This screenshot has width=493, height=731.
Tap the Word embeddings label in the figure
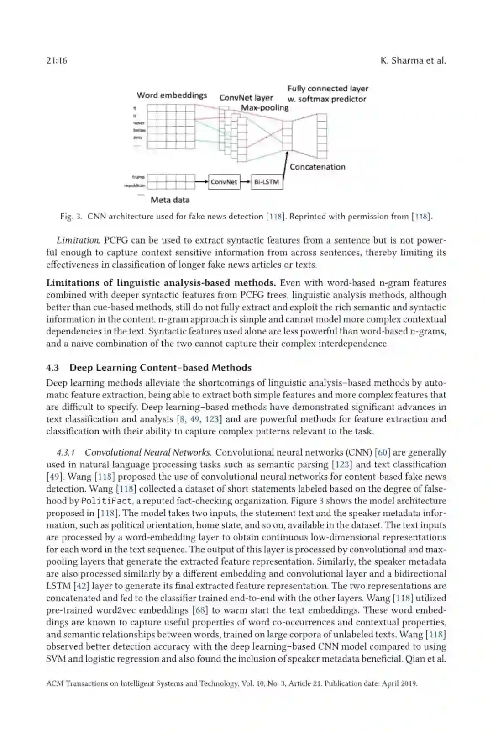(172, 95)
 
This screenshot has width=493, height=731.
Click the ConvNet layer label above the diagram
(246, 98)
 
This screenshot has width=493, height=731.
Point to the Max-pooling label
(265, 108)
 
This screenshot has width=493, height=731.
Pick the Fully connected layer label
(328, 89)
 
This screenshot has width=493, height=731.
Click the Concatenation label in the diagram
(317, 167)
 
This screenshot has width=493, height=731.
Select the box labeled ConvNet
(224, 182)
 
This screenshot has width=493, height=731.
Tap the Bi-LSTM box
(267, 182)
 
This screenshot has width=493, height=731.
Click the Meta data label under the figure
(170, 200)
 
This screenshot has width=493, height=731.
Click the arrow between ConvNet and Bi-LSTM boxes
(246, 182)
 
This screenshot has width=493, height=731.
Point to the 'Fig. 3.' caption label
(71, 217)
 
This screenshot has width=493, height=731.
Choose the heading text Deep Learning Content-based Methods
(160, 368)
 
